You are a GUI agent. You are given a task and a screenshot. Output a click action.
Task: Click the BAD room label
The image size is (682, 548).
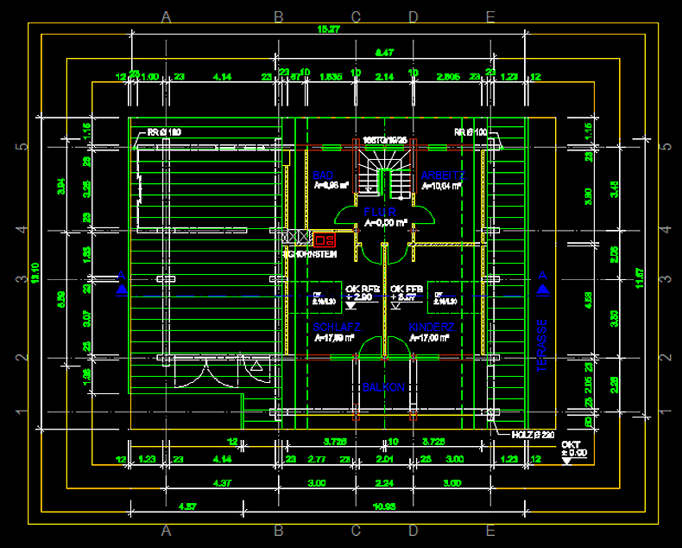(x=323, y=175)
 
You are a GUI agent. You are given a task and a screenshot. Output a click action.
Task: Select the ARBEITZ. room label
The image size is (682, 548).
(x=442, y=175)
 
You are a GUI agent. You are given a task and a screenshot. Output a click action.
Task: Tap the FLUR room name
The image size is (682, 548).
(x=379, y=212)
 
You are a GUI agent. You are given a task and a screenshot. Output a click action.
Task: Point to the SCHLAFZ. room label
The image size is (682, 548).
(x=337, y=327)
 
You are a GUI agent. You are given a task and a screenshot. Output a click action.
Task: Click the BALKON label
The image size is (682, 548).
(x=382, y=388)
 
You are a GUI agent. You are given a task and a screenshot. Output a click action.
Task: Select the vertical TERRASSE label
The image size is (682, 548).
(x=542, y=345)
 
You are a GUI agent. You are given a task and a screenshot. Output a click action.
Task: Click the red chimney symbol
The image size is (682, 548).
(x=325, y=240)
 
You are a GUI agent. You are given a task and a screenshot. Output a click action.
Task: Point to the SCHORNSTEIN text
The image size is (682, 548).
(x=310, y=254)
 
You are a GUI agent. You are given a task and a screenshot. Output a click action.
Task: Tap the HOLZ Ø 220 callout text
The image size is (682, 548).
(x=529, y=435)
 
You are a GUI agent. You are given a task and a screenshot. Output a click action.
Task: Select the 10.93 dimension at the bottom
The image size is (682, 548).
(x=383, y=505)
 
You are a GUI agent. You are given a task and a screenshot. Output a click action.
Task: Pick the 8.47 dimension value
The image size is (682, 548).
(x=384, y=53)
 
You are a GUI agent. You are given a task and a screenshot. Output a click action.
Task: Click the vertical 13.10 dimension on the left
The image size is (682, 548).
(x=35, y=272)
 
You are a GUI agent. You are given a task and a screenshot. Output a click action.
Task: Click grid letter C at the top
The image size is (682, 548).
(x=356, y=16)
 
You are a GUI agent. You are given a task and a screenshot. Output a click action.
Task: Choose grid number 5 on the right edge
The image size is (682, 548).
(x=666, y=146)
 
